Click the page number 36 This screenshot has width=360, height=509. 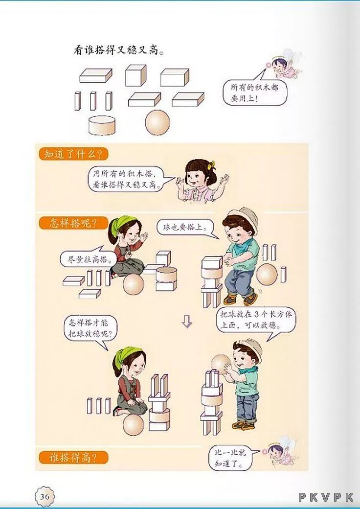coord(45,496)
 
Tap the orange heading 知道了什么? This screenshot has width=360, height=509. coord(73,154)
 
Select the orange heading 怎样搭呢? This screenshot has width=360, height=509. coord(73,224)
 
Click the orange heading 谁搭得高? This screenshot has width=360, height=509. coord(73,458)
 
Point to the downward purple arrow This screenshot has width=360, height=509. coord(187,322)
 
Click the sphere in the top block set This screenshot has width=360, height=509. coord(157,122)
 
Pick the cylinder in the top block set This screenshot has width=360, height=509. coord(102,125)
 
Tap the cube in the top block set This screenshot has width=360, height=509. coord(136,75)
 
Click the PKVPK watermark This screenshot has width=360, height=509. coord(326,497)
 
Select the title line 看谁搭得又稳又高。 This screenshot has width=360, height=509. coord(118,50)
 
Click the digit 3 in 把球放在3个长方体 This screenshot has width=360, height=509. coord(257,315)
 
